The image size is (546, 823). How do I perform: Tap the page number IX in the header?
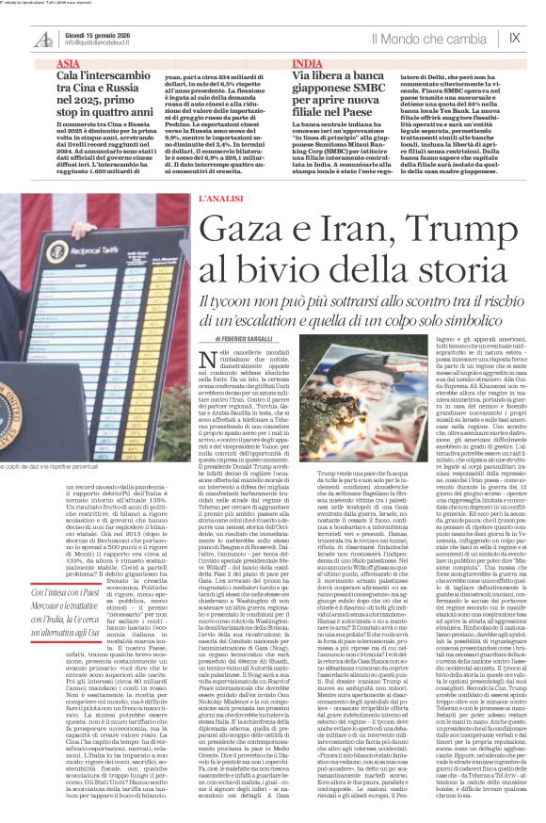514,38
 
